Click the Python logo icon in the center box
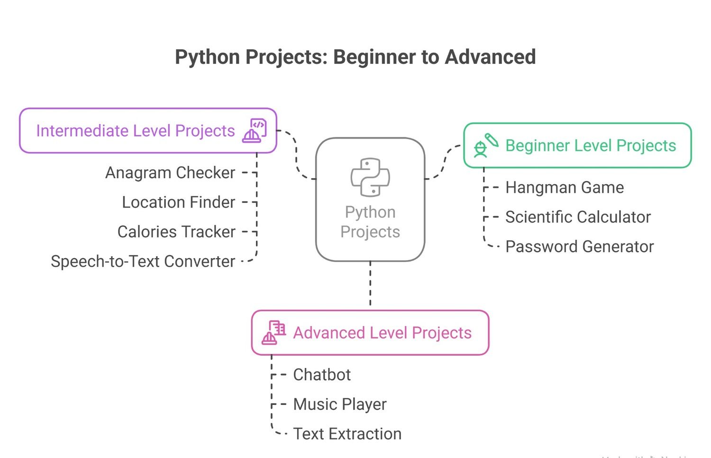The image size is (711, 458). (x=370, y=177)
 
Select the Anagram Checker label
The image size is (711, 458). (x=170, y=173)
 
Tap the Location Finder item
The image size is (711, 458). (x=178, y=202)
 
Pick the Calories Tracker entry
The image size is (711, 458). (x=176, y=232)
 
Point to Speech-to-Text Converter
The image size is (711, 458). (x=143, y=261)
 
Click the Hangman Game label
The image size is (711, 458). (x=565, y=188)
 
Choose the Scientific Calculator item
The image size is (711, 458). (x=578, y=217)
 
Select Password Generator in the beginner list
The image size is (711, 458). (x=579, y=247)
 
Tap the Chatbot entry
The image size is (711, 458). (x=322, y=375)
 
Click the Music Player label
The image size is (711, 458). (x=340, y=404)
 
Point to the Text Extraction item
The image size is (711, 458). (x=347, y=434)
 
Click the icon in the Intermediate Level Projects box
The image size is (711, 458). (x=255, y=131)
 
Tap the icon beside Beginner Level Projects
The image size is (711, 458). (x=486, y=145)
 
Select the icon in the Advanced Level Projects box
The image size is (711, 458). (x=273, y=332)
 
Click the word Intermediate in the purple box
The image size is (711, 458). (x=82, y=131)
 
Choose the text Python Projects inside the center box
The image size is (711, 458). (x=370, y=222)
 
